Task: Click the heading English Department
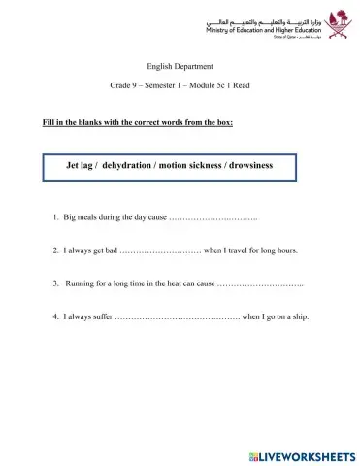click(x=180, y=67)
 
